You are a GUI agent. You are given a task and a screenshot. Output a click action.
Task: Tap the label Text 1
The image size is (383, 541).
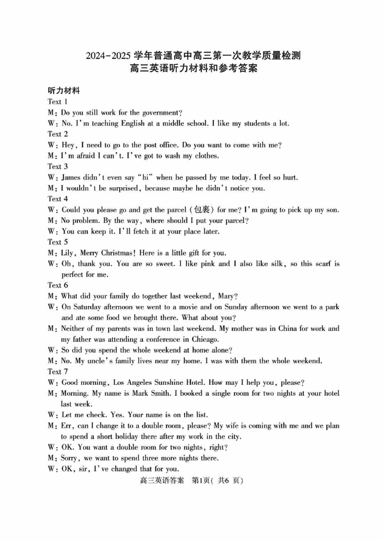58,102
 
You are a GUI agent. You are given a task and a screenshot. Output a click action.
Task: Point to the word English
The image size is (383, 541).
128,124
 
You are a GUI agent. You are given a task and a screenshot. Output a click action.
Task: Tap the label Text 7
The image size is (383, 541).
58,372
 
